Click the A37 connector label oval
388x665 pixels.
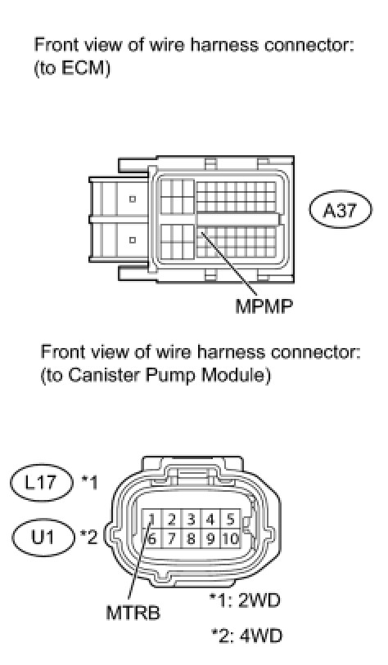pos(340,210)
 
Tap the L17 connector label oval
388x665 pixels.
pos(41,483)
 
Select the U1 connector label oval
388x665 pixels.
pos(43,538)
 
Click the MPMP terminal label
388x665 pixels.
pos(264,306)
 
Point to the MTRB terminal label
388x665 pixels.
pos(133,613)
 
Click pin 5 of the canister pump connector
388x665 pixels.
pos(231,520)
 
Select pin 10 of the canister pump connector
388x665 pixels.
pos(230,538)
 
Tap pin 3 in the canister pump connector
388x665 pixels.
pos(192,520)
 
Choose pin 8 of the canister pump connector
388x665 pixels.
pos(192,538)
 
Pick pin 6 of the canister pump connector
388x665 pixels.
pos(151,538)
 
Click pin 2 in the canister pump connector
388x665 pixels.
pos(172,520)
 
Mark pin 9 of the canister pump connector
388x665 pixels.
pos(211,538)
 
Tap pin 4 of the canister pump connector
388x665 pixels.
pos(211,520)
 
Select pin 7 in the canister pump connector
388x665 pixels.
pos(172,538)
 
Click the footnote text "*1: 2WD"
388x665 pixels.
pos(246,600)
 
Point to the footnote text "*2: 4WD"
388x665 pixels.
pos(247,636)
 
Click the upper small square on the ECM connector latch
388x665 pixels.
pos(133,199)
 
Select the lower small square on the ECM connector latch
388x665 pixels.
pos(133,240)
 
